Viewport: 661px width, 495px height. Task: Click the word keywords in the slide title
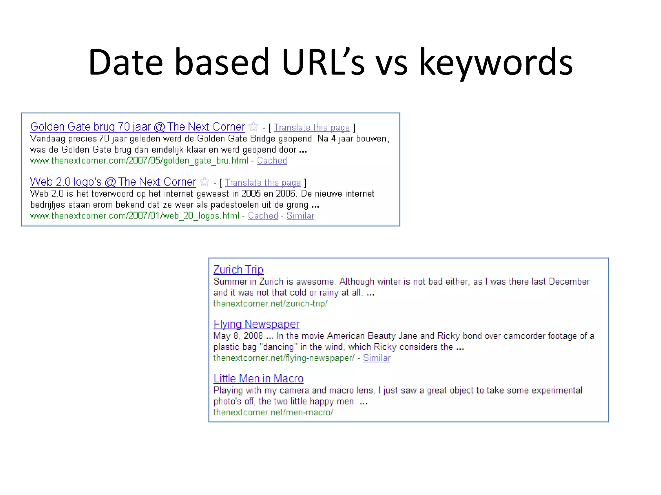click(495, 63)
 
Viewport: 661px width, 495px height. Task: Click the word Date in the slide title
click(125, 63)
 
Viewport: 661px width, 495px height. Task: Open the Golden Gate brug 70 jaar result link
click(137, 127)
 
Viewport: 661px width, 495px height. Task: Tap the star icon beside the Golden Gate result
click(254, 127)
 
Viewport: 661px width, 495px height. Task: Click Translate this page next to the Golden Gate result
click(312, 128)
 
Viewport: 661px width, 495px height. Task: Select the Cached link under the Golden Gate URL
click(272, 160)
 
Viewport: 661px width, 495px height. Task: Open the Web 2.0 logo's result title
click(113, 182)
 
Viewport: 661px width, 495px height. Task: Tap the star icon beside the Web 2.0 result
click(205, 182)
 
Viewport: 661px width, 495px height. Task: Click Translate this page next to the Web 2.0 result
click(263, 183)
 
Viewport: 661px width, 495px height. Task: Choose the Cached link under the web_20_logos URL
click(263, 216)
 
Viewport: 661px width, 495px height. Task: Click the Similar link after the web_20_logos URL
click(300, 216)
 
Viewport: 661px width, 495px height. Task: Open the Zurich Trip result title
click(239, 270)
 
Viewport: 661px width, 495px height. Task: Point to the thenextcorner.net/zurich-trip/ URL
click(270, 304)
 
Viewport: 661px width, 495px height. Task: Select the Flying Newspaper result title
click(257, 324)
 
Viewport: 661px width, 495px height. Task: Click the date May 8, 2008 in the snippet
click(238, 336)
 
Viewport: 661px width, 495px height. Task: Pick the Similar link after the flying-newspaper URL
click(377, 358)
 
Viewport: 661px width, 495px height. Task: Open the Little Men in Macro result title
click(259, 379)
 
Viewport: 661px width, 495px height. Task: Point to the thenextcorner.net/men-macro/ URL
click(273, 412)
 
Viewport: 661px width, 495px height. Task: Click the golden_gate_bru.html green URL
click(139, 160)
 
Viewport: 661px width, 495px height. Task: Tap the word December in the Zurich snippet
click(569, 282)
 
